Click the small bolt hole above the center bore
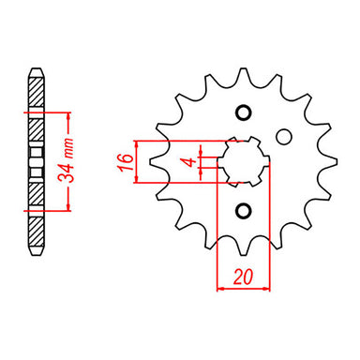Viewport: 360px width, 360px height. pyautogui.click(x=244, y=112)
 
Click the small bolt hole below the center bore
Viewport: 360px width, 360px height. pyautogui.click(x=244, y=209)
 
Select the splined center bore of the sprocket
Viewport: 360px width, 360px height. pyautogui.click(x=243, y=160)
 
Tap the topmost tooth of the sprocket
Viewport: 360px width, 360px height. pyautogui.click(x=243, y=74)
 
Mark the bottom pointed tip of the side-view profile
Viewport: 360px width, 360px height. pyautogui.click(x=37, y=251)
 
